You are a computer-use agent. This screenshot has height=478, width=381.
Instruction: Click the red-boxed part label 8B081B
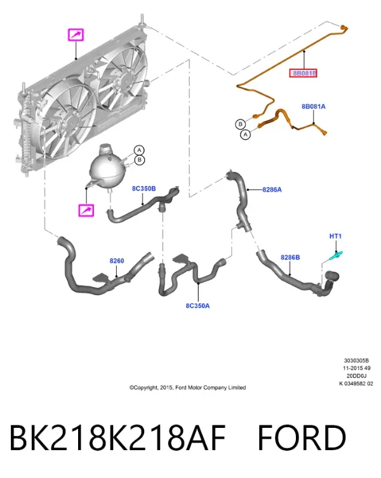click(x=304, y=73)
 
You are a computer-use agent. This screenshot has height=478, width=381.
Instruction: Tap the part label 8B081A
click(x=314, y=107)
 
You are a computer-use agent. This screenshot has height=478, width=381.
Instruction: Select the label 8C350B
click(x=144, y=189)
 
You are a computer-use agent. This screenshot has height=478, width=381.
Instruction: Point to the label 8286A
click(x=272, y=190)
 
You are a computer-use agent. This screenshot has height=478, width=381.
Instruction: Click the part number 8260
click(x=117, y=261)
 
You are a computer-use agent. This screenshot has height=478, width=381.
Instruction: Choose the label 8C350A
click(x=197, y=305)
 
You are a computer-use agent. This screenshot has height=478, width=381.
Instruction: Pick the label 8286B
click(x=290, y=257)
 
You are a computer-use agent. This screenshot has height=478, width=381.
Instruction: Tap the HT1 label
click(x=335, y=236)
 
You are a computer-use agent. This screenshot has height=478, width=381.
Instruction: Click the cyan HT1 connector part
click(x=336, y=255)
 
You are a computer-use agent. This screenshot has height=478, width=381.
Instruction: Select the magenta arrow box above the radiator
click(x=76, y=35)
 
